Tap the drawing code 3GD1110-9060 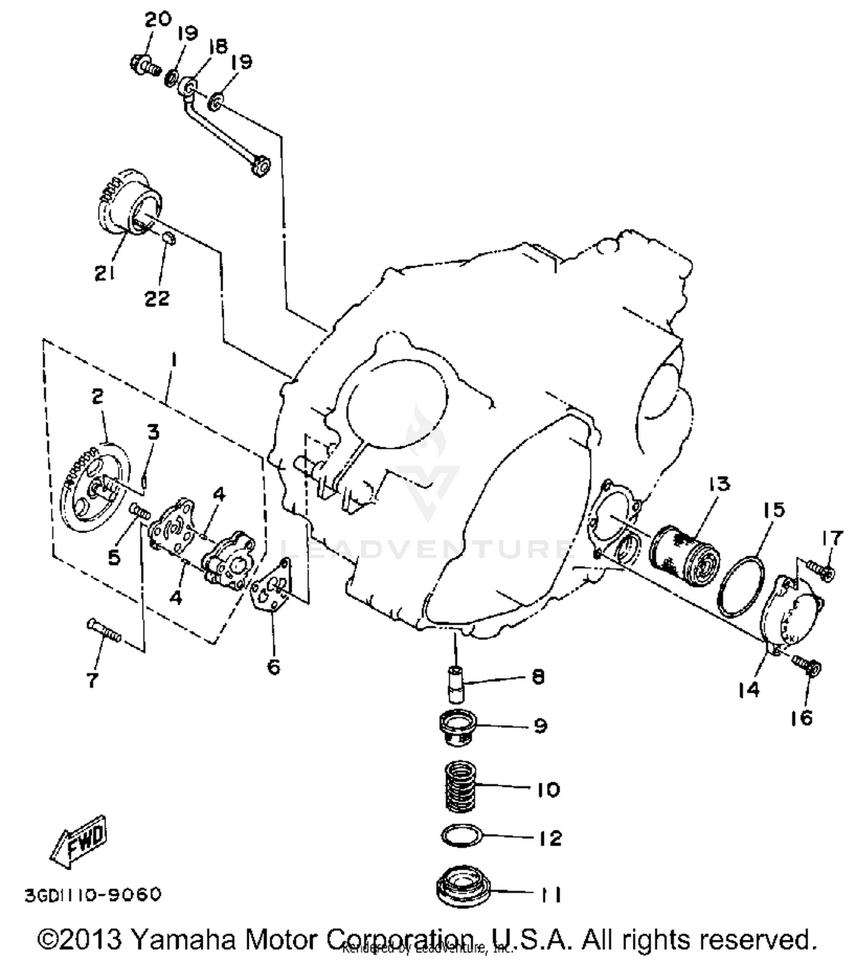pyautogui.click(x=93, y=894)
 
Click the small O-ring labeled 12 pyautogui.click(x=462, y=835)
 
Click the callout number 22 pyautogui.click(x=156, y=297)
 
